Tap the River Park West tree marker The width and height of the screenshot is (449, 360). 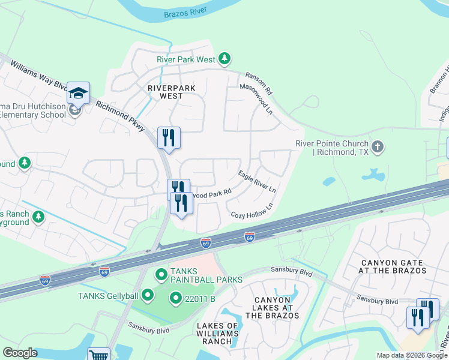[x=224, y=59]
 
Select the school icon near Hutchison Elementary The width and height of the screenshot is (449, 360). [x=78, y=94]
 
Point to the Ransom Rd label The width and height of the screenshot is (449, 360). [x=259, y=83]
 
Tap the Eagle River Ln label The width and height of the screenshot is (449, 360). [x=257, y=182]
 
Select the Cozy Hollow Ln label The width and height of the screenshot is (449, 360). [x=252, y=211]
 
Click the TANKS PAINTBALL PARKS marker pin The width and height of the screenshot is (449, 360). [x=161, y=275]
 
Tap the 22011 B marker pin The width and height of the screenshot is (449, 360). [x=176, y=298]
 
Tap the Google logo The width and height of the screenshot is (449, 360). [x=20, y=353]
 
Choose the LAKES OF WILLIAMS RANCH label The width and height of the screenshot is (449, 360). [x=214, y=334]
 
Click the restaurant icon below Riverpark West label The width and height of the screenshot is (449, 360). [x=169, y=138]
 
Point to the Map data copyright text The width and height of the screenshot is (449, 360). [x=412, y=355]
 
